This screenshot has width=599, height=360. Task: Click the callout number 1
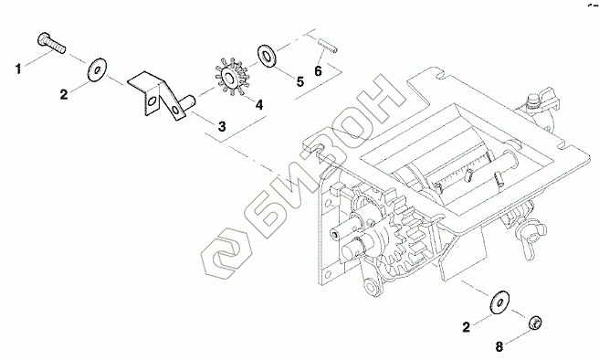[18, 69]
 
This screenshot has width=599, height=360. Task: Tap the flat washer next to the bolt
[97, 69]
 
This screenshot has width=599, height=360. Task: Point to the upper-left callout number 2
[63, 94]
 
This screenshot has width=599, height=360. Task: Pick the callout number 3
[222, 126]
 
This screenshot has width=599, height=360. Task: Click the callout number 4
[259, 104]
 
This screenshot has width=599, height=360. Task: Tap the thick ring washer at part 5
[267, 56]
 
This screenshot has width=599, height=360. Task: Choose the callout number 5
[300, 81]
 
